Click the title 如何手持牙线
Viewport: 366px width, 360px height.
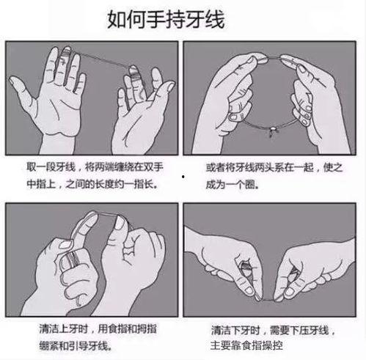coord(166,19)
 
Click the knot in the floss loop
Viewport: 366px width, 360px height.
coord(272,131)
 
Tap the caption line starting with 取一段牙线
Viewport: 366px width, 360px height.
coord(95,167)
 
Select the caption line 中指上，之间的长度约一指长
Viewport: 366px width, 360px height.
coord(92,184)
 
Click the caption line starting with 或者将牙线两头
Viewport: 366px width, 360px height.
coord(274,168)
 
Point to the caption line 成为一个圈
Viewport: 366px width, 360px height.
coord(233,184)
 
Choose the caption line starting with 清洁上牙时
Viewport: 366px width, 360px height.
coord(98,329)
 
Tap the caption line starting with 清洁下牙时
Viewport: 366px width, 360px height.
coord(273,331)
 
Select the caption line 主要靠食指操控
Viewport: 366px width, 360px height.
coord(246,345)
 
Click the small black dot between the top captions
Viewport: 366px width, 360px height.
coord(183,176)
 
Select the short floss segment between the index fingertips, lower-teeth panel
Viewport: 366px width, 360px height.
coord(266,299)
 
